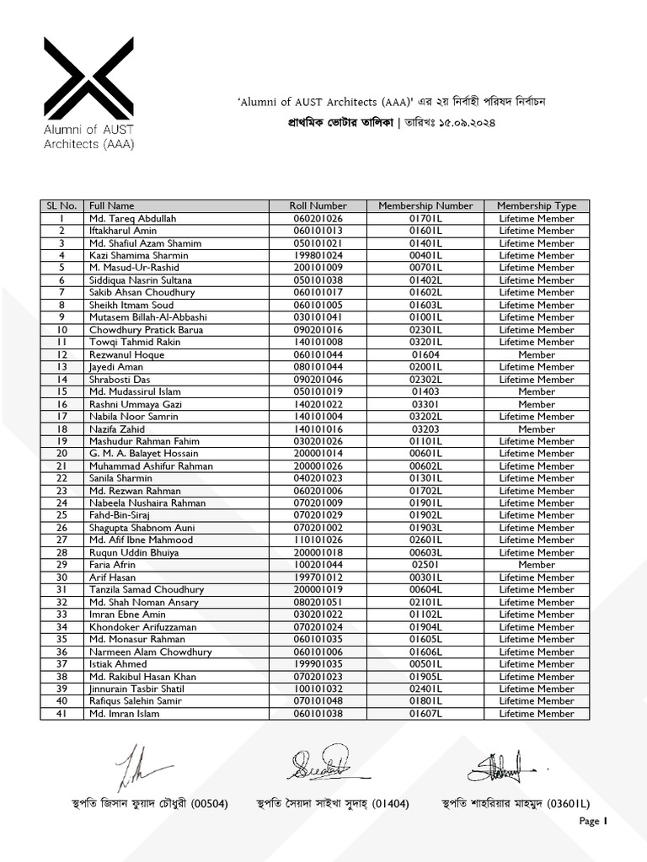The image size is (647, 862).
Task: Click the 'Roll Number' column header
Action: [318, 205]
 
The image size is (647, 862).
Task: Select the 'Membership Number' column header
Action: [425, 205]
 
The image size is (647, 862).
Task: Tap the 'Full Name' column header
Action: [112, 205]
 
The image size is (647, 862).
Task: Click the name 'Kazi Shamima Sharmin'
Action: [139, 255]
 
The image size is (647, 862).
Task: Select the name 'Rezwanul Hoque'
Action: [128, 354]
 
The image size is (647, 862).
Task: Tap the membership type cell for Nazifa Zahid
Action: [537, 428]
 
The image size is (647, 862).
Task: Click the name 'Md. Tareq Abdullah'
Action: [133, 218]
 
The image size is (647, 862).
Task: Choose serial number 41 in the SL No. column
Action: [61, 714]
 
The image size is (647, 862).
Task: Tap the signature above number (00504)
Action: [139, 768]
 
